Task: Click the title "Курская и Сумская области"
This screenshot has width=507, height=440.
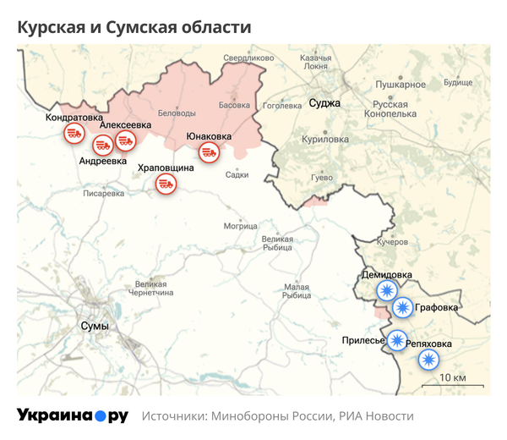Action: [x=134, y=27]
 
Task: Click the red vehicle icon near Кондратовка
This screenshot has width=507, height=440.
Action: [x=74, y=133]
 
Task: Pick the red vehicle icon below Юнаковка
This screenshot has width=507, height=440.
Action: [x=209, y=151]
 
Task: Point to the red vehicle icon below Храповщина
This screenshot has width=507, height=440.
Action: [x=165, y=184]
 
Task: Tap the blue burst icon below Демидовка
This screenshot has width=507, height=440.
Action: [x=387, y=292]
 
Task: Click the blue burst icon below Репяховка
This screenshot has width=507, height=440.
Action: [x=429, y=360]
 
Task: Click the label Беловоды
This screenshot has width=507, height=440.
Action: [x=177, y=113]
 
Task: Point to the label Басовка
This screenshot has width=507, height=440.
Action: [x=234, y=106]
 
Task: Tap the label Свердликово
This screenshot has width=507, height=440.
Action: [x=249, y=58]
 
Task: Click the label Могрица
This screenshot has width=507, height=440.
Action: [x=241, y=226]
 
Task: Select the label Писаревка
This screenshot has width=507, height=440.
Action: [x=103, y=193]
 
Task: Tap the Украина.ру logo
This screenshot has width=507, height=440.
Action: [x=73, y=415]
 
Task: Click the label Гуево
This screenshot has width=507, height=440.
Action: [x=323, y=177]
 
